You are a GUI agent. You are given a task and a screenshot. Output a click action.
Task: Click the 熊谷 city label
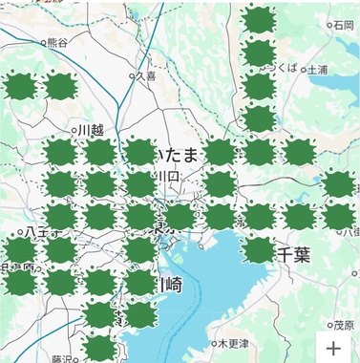tap(57, 42)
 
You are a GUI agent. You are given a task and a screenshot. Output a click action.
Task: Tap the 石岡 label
tap(343, 25)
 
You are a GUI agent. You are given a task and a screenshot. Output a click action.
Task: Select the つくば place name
tap(285, 68)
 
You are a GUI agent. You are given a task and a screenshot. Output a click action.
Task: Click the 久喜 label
tap(145, 75)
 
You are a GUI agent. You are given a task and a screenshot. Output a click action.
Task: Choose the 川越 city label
tap(91, 129)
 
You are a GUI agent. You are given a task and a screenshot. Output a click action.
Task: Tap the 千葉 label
tap(294, 254)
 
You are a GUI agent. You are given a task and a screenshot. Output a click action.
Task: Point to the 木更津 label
tap(234, 343)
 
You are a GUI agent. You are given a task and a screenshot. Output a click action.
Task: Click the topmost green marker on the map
tap(258, 19)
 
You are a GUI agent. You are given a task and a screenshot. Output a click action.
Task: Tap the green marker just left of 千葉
tap(258, 250)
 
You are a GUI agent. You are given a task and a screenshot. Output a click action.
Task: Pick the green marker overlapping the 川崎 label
tap(139, 283)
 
